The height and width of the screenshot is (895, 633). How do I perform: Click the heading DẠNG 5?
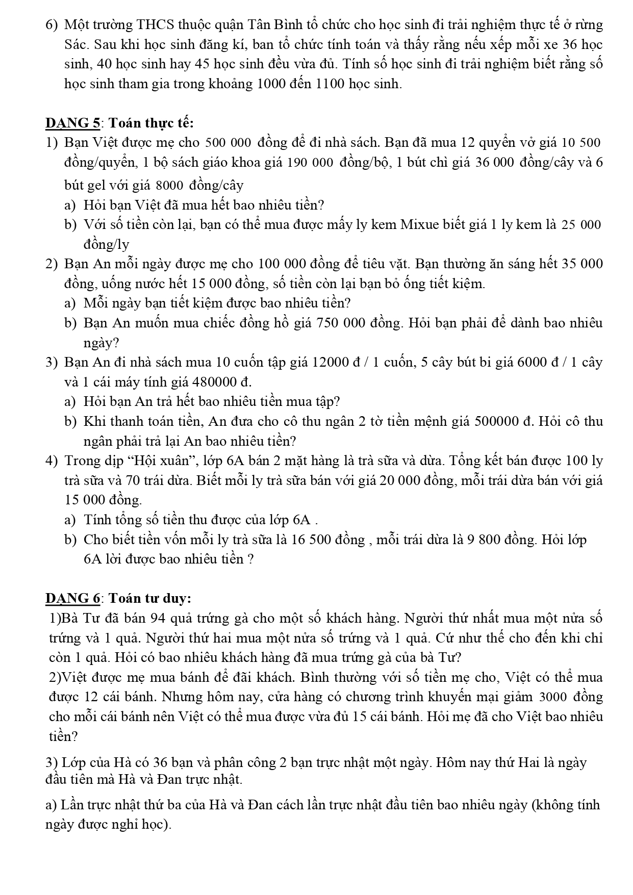point(73,123)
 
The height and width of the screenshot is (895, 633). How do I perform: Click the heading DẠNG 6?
point(73,598)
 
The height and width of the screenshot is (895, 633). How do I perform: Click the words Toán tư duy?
point(150,598)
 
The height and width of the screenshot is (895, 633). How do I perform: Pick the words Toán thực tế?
point(151,123)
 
